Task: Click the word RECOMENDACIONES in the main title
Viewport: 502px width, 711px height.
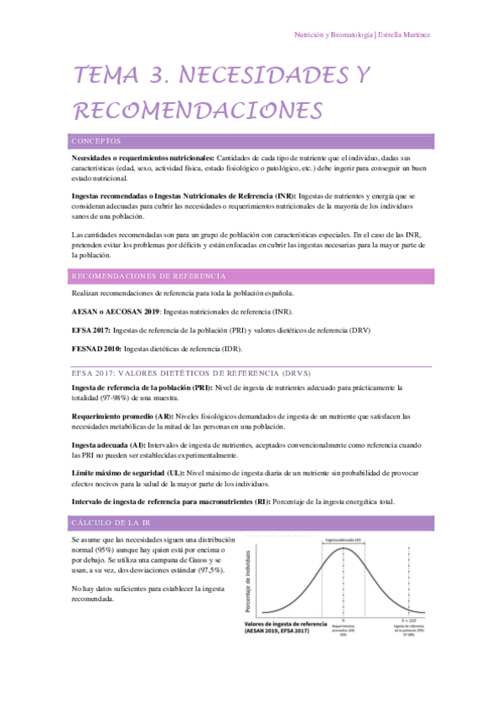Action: (199, 111)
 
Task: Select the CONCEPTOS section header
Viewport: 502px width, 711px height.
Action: (96, 141)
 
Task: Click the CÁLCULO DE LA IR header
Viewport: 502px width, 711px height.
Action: (111, 522)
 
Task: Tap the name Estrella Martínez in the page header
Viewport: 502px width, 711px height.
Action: (406, 34)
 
